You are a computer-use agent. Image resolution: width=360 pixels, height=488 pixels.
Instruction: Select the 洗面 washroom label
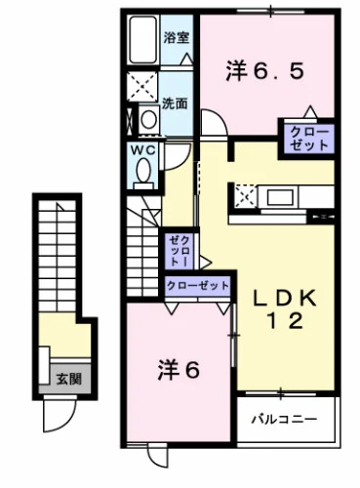coord(176,102)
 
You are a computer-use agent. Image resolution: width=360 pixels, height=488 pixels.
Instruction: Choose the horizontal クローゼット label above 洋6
coord(198,286)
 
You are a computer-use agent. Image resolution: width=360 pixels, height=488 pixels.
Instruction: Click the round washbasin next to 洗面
coord(145,119)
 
